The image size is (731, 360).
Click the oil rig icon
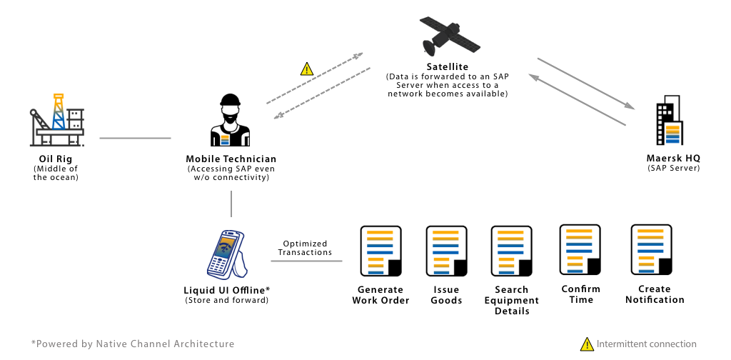click(x=58, y=118)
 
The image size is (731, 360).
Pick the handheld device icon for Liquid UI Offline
click(x=227, y=254)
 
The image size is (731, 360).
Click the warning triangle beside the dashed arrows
click(x=306, y=69)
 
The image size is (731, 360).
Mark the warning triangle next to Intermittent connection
click(x=586, y=344)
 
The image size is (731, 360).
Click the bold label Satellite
click(x=447, y=67)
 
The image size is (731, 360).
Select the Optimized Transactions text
click(x=305, y=248)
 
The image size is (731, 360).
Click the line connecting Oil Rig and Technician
click(x=135, y=138)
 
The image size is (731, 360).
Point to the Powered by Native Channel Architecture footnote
click(x=133, y=344)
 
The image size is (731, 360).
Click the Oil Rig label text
click(x=56, y=159)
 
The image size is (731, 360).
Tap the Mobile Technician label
click(x=231, y=159)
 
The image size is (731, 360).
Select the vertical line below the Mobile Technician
click(x=231, y=204)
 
